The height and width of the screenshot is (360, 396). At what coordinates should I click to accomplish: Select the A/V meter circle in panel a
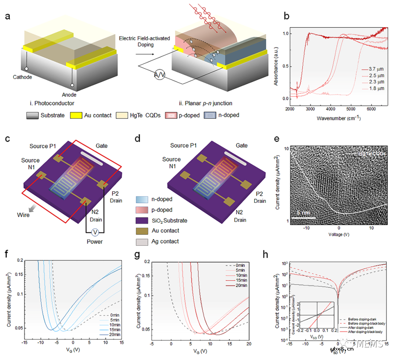click(x=159, y=75)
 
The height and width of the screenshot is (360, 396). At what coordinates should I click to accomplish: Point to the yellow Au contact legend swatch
click(x=76, y=115)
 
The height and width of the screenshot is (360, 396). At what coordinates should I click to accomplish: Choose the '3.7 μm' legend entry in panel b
click(x=374, y=68)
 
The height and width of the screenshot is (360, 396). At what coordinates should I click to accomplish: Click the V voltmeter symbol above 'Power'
click(x=95, y=232)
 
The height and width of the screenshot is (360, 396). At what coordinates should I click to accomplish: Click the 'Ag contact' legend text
click(x=166, y=241)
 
